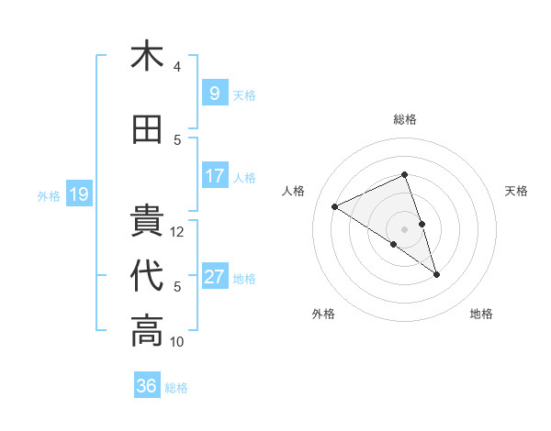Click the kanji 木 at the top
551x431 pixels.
(147, 56)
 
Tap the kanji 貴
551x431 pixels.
(147, 221)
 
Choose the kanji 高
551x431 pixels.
(147, 331)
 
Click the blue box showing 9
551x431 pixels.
(214, 94)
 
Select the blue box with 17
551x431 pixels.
(214, 176)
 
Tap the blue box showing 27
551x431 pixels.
(214, 277)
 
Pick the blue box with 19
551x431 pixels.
(78, 194)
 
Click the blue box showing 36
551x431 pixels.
(147, 386)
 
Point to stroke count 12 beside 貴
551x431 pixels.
(177, 232)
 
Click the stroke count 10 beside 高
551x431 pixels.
(177, 342)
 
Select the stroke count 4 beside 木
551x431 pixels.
(177, 67)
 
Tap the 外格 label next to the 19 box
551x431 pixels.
(48, 195)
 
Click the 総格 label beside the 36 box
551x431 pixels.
(176, 387)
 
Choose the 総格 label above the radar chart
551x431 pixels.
(404, 119)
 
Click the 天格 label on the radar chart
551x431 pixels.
(516, 191)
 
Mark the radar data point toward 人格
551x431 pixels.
(335, 206)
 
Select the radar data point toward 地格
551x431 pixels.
(436, 274)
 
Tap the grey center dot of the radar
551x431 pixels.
(404, 228)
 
